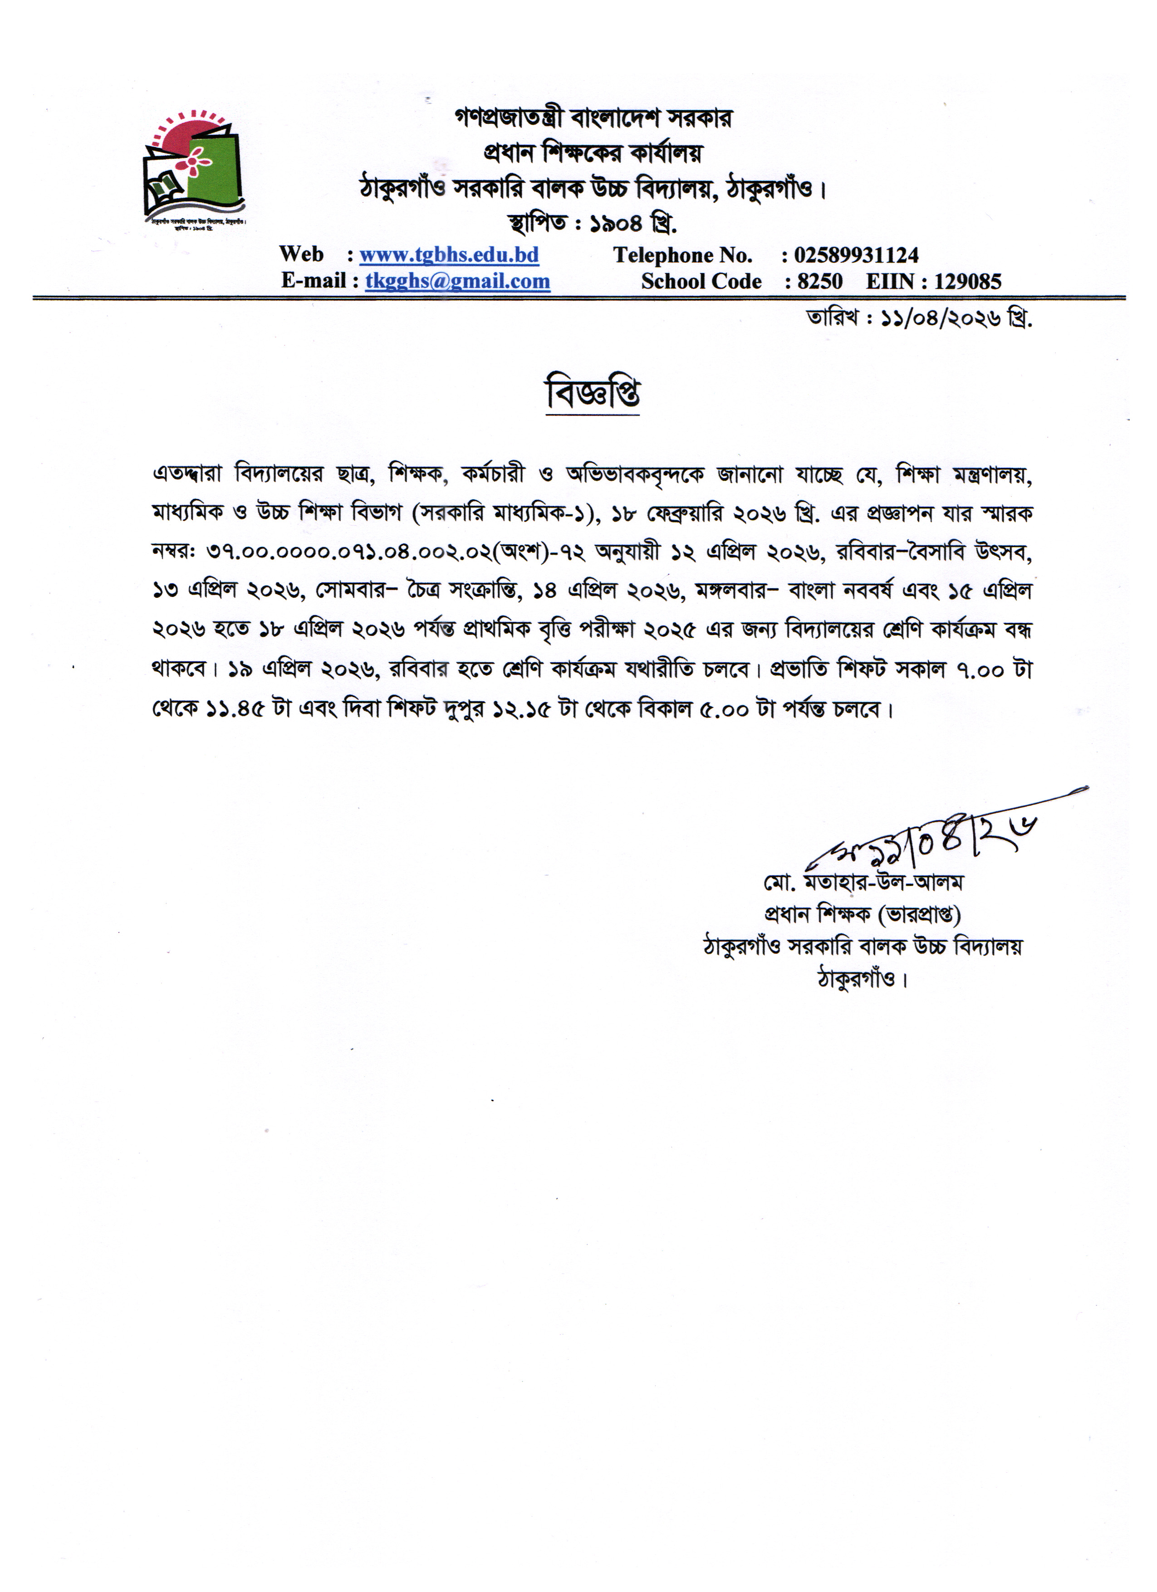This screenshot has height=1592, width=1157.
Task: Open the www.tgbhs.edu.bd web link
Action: click(449, 255)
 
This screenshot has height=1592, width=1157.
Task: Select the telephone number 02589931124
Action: click(856, 255)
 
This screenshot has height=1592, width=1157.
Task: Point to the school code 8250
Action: click(819, 282)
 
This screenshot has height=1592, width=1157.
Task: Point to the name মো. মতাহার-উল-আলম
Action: click(863, 882)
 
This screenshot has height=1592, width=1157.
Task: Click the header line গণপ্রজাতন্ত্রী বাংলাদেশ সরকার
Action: click(593, 118)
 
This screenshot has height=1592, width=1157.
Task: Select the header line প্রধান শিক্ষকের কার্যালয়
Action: click(593, 152)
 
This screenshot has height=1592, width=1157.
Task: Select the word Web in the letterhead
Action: click(301, 254)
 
